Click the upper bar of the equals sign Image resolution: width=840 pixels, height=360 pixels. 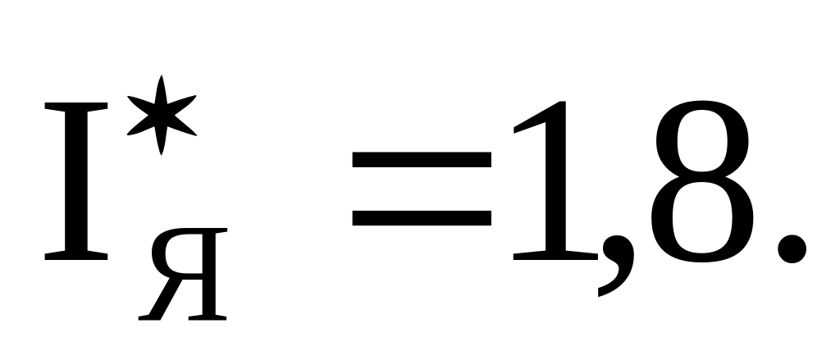pyautogui.click(x=422, y=161)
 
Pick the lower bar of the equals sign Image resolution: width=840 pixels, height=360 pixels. pyautogui.click(x=422, y=219)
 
